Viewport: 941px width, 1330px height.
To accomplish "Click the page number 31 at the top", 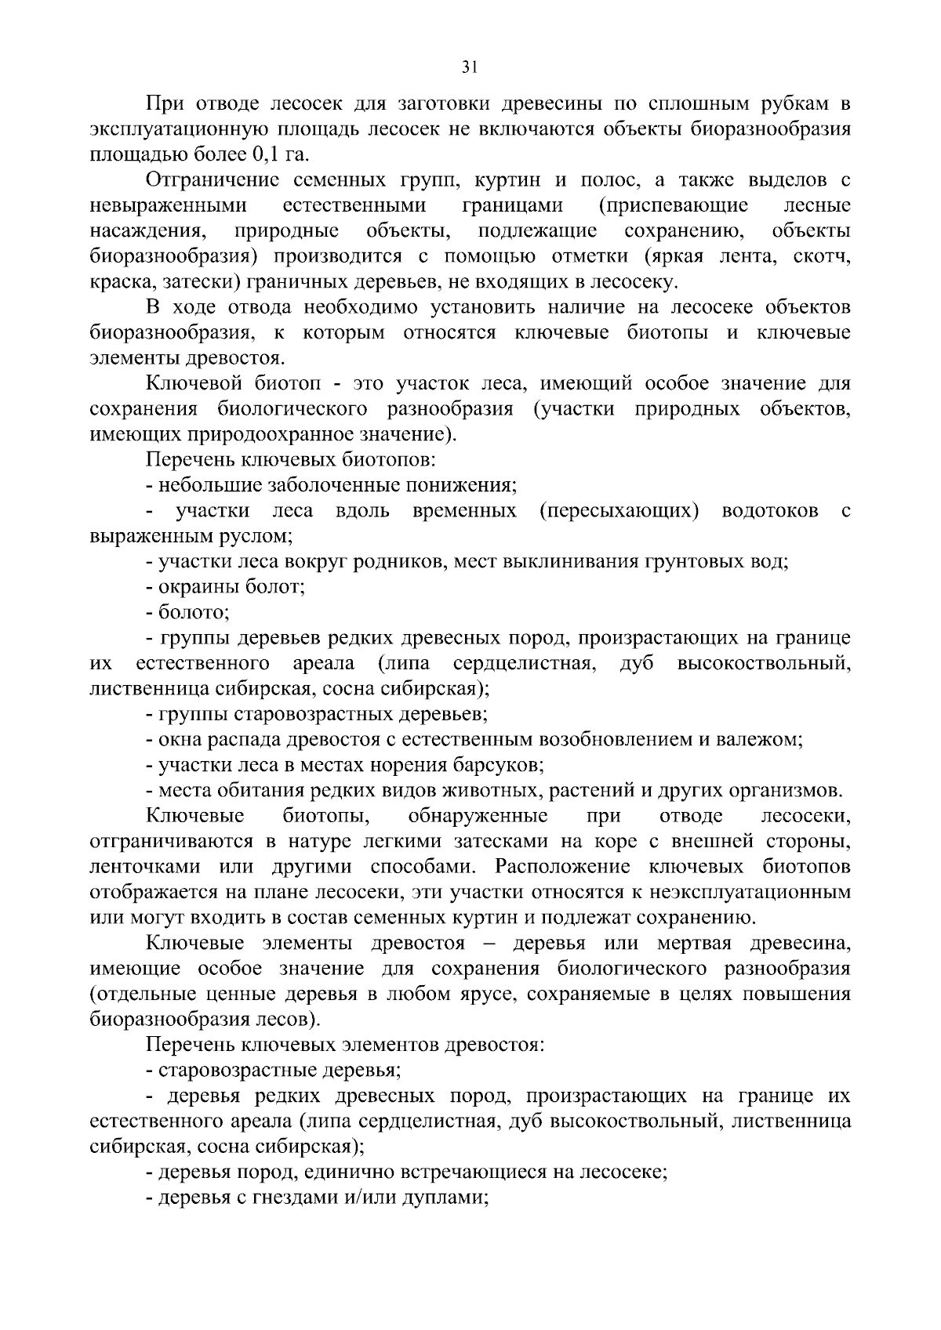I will coord(470,67).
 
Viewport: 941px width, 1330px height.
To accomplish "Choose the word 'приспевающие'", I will coord(673,205).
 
